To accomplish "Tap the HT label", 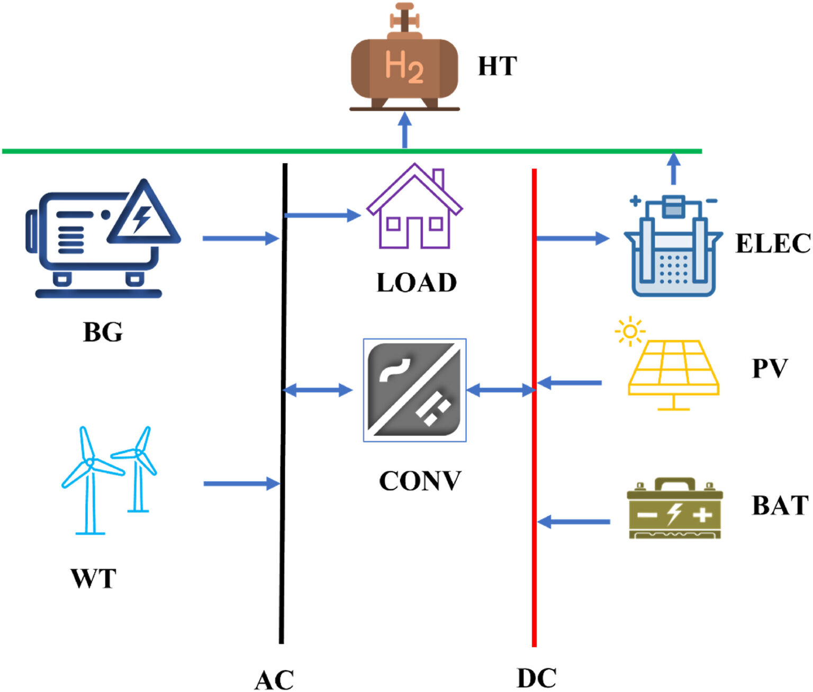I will [x=497, y=67].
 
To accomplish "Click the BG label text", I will [x=103, y=332].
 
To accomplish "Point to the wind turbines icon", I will [x=109, y=480].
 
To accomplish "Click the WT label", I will [x=93, y=578].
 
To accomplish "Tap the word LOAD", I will [x=417, y=283].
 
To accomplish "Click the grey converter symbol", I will [x=414, y=390].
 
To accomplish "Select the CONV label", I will [x=420, y=481].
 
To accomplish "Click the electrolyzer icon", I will [x=673, y=246].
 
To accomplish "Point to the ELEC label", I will [x=773, y=244].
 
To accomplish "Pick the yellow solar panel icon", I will [x=673, y=368].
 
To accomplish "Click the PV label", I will [x=770, y=368].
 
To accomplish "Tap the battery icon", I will [x=674, y=509].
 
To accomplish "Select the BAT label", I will [x=780, y=506].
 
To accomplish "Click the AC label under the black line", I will [x=274, y=680].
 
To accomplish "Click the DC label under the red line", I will [x=536, y=678].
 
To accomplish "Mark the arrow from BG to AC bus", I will [x=241, y=238].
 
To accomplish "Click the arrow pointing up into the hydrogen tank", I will [x=404, y=130].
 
